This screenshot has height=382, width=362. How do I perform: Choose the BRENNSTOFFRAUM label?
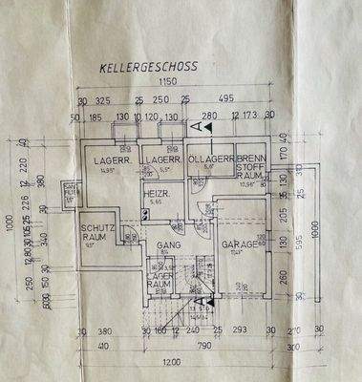pos(251,164)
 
